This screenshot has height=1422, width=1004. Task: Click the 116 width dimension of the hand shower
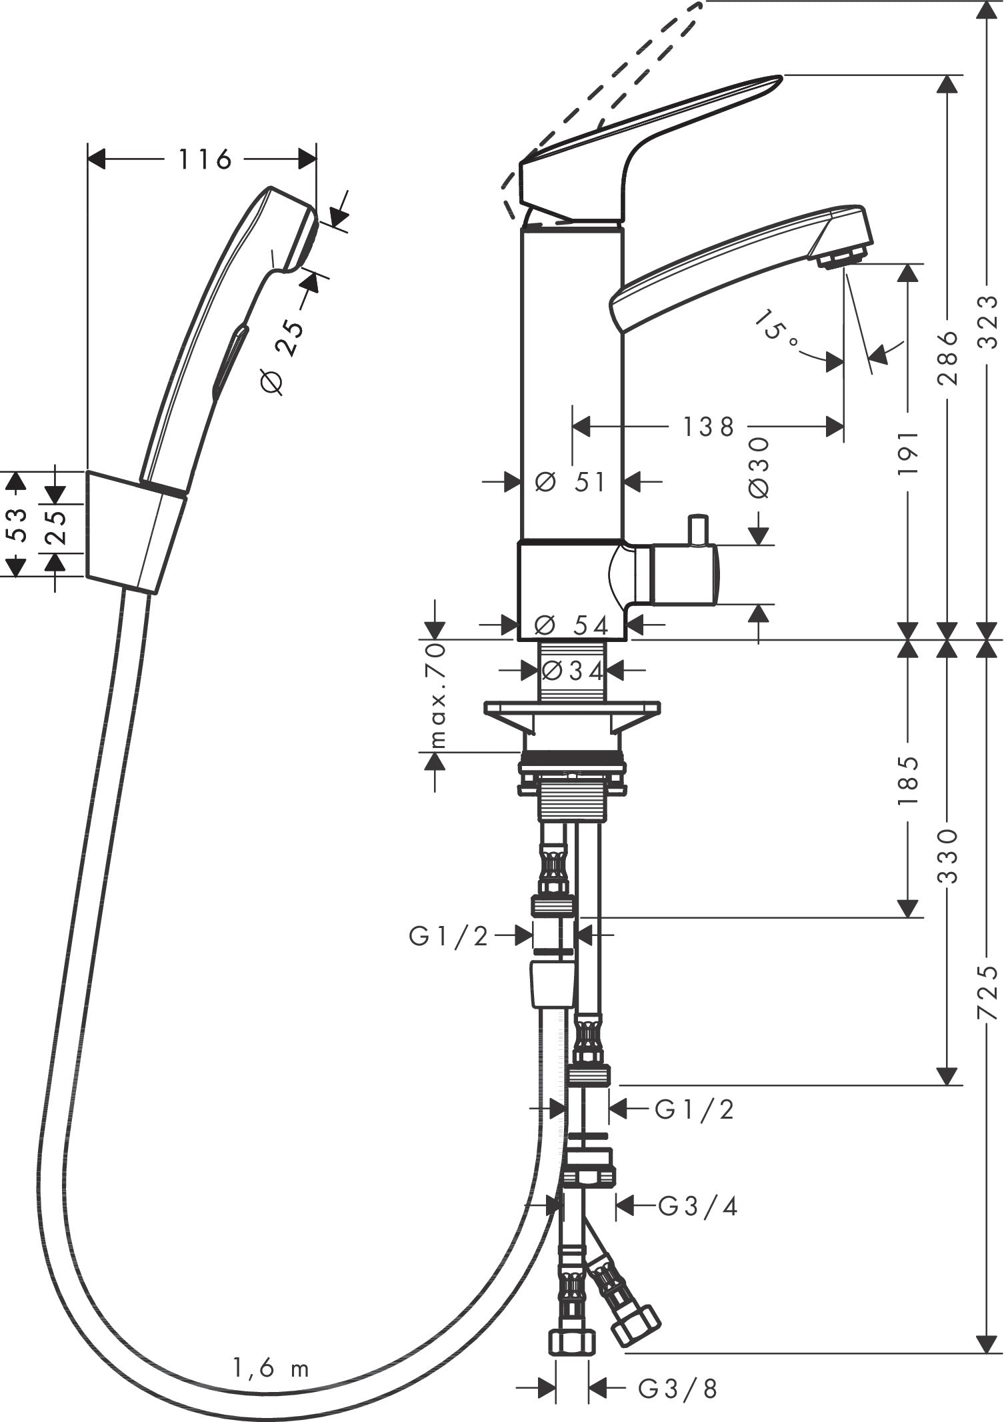click(x=204, y=159)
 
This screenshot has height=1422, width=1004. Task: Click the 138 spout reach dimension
click(x=708, y=427)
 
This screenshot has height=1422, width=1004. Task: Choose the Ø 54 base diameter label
click(x=572, y=625)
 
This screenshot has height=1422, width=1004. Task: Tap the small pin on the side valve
click(x=697, y=529)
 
